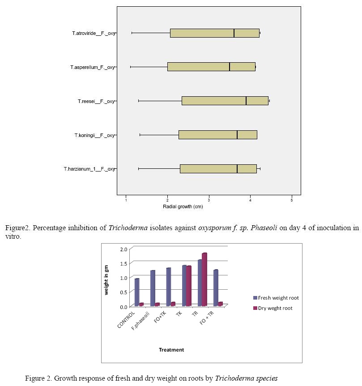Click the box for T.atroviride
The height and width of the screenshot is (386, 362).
pos(215,33)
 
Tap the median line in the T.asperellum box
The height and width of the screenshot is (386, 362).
pos(230,67)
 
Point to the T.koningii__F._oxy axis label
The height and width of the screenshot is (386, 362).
pos(94,135)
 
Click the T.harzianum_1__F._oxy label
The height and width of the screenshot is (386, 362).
pos(89,169)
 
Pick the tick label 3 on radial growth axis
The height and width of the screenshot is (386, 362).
pos(209,199)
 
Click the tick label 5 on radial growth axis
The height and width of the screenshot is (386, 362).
pos(292,199)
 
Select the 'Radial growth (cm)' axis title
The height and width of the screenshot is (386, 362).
pos(183,206)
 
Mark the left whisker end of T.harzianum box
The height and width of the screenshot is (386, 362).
pos(139,169)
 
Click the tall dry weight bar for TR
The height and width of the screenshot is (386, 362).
pos(204,279)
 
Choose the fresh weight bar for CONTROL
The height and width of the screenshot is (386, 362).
pos(137,292)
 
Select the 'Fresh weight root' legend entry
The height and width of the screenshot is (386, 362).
pos(276,298)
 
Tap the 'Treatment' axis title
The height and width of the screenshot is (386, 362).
pos(171,350)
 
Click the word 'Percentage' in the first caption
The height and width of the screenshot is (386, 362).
pos(53,228)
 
